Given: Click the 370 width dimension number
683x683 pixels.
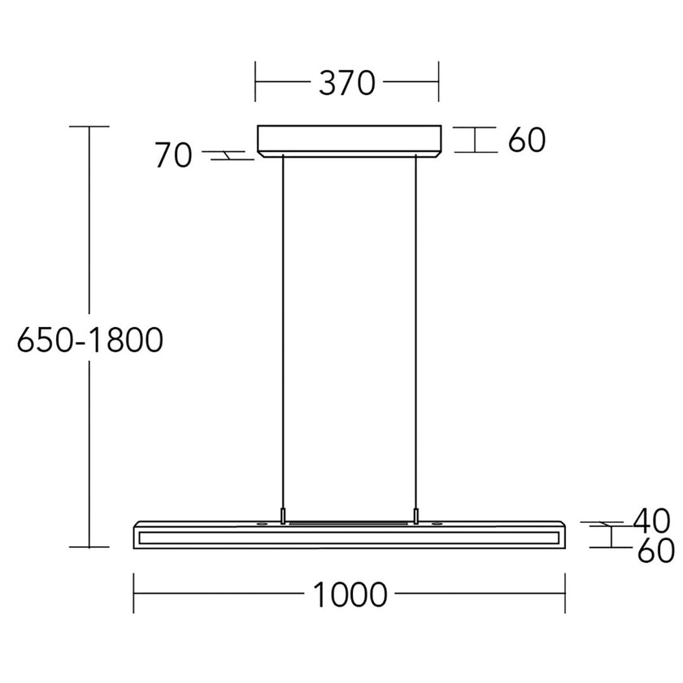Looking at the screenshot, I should (346, 82).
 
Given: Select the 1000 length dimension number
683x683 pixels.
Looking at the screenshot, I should (350, 595).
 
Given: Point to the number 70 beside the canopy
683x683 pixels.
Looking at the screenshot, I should (173, 155).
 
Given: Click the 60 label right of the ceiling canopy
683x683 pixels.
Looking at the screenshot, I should (527, 141).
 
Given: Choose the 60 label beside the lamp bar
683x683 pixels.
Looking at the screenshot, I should (655, 551).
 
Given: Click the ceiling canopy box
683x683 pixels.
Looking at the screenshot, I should (350, 139).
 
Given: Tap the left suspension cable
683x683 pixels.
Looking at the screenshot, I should (283, 325).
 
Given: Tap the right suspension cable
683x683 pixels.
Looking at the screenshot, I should (417, 325).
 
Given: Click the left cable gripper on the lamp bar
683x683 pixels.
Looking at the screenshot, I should (283, 516).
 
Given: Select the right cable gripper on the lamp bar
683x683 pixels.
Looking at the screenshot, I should (417, 516).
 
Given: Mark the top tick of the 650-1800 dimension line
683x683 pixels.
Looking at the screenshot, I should (89, 127).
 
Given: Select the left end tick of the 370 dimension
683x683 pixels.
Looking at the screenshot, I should (255, 82).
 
